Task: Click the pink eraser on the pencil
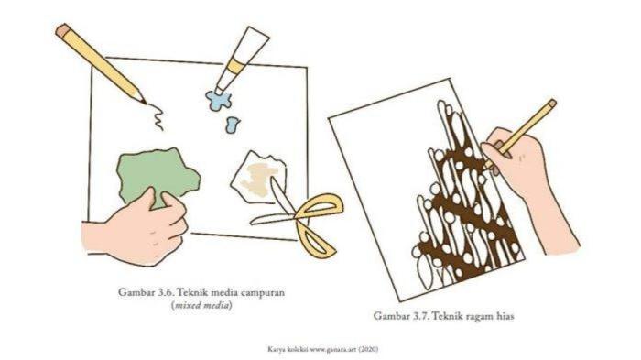click(63, 30)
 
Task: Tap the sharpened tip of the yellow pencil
click(145, 104)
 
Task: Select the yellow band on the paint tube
click(235, 67)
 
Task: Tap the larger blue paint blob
click(219, 100)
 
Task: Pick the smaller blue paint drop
click(233, 125)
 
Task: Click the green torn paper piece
click(158, 175)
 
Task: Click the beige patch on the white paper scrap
click(259, 179)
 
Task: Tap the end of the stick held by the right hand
click(551, 104)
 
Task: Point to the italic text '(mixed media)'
click(201, 306)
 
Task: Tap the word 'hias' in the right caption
click(505, 316)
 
